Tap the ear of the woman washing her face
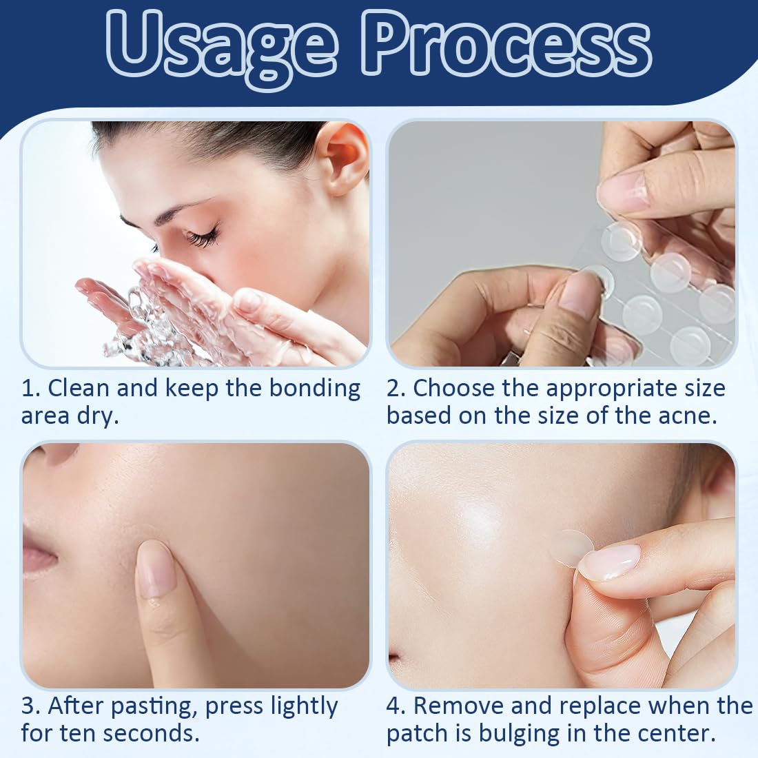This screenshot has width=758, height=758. point(344,161)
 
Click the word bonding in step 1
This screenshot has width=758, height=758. point(314,389)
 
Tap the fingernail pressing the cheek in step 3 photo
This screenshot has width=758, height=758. point(156,571)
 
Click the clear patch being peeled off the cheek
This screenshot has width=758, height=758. point(573,549)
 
